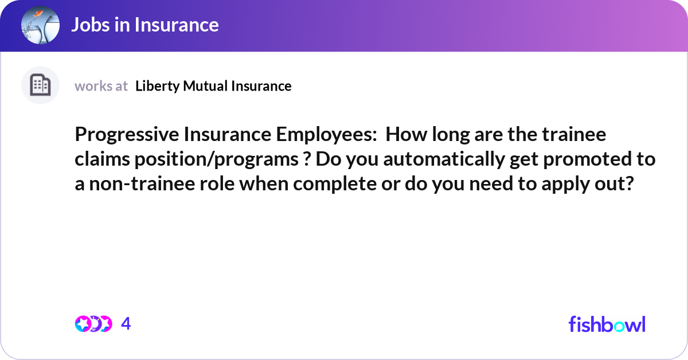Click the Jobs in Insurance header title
point(144,25)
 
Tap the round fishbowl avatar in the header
point(40,25)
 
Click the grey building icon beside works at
point(40,85)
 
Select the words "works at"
point(101,86)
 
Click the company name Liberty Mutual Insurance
point(213,86)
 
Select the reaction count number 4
point(126,324)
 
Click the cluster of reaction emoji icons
point(93,324)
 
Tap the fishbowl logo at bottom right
point(607,324)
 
